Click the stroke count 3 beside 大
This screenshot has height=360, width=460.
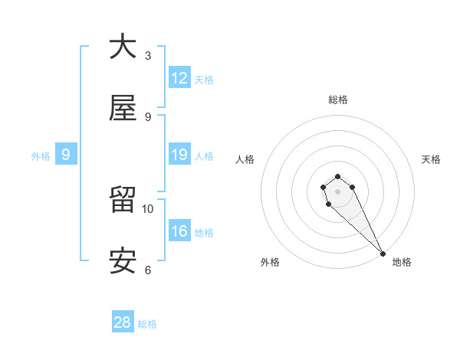pos(148,56)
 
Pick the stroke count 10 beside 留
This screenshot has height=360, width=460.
pos(148,208)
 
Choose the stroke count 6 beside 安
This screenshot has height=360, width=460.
pos(148,270)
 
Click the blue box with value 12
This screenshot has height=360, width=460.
pos(179,79)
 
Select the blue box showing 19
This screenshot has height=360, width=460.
pos(179,155)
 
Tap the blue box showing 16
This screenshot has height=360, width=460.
pos(179,232)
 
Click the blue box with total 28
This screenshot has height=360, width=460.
pos(123,322)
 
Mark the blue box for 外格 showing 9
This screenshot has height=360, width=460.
pos(66,155)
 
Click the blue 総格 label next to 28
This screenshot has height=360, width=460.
pos(147,324)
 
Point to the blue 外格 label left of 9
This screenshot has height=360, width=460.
pos(41,156)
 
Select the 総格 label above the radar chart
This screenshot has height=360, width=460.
pos(338,100)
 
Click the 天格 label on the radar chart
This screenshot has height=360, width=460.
pos(432,159)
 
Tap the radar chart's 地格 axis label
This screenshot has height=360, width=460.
pos(402,262)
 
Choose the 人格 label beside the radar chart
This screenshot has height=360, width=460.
pos(245,159)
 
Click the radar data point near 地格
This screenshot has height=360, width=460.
pos(383,254)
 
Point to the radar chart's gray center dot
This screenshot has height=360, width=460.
pos(338,191)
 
